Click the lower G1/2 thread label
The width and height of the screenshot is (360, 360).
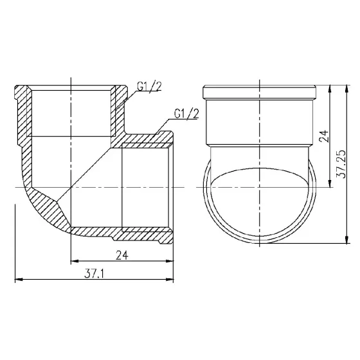click(186, 114)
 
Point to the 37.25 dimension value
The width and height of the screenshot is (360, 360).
click(341, 164)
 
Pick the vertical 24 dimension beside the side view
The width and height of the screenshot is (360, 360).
click(324, 136)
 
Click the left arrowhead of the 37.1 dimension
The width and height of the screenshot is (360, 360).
click(17, 280)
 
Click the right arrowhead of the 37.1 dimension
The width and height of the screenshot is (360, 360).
click(172, 280)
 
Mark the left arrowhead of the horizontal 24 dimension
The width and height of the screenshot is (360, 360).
click(72, 261)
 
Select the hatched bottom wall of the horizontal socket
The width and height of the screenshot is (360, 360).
click(122, 231)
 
